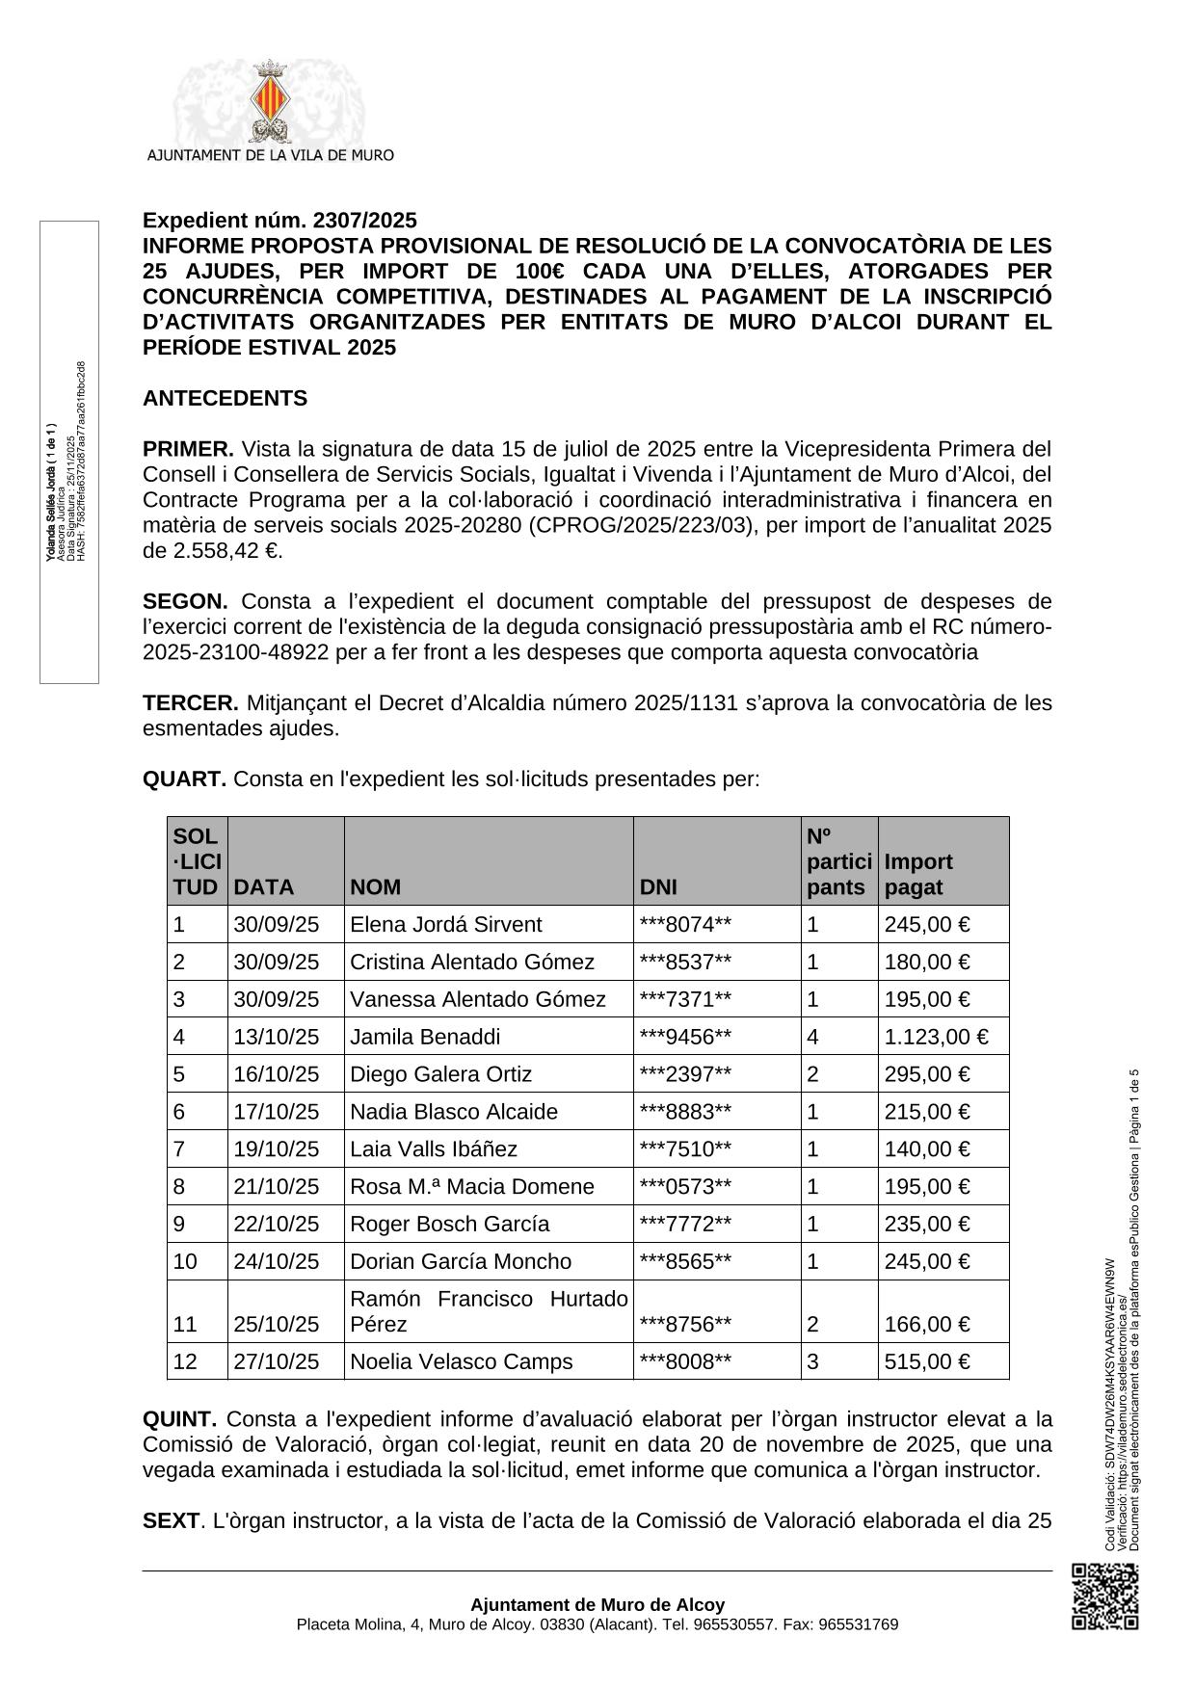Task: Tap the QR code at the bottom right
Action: [1104, 1597]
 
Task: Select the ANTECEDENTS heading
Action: [225, 398]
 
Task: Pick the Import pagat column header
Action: [918, 874]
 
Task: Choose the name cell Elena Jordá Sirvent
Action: [445, 925]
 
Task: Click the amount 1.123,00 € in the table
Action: [936, 1037]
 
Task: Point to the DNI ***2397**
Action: [685, 1074]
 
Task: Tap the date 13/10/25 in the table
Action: [276, 1037]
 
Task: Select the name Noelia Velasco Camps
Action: [461, 1361]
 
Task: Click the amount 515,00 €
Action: [926, 1361]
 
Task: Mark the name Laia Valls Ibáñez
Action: [434, 1149]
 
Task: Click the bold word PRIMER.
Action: [188, 449]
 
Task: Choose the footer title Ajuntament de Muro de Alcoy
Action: [597, 1604]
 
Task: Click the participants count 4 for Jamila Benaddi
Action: [812, 1037]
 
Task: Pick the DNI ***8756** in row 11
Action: [685, 1324]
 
